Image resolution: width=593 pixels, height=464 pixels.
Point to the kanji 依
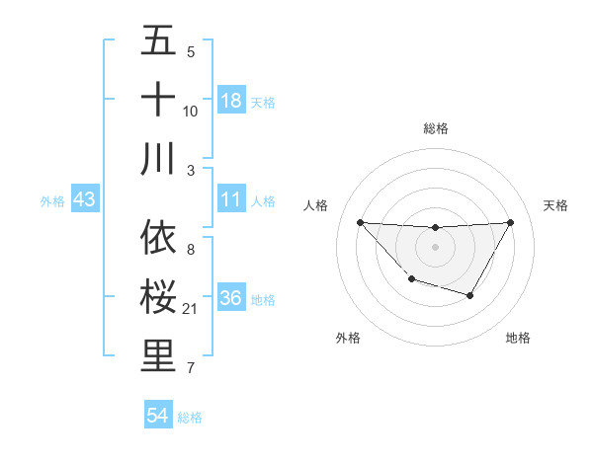point(159,237)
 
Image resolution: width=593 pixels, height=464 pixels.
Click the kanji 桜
point(159,296)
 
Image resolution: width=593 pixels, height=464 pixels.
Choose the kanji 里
point(159,357)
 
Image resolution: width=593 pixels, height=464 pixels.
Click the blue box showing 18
point(231,101)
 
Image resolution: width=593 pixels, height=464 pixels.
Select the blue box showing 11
point(231,199)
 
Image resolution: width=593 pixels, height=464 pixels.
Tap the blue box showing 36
point(231,298)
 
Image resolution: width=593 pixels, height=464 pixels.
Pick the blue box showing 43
point(84,199)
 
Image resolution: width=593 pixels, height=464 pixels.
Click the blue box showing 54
point(158,416)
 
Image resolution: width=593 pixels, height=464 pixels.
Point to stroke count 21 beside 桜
point(191,310)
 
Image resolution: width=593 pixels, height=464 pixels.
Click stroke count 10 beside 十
point(191,111)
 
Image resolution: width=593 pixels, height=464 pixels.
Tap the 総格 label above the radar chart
point(435,128)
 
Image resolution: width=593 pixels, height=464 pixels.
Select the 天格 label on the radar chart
point(555,205)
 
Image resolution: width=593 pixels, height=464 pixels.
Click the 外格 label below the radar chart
point(348,338)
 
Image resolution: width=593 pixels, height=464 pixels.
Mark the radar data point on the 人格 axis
point(360,222)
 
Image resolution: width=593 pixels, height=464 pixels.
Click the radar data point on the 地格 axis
point(470,295)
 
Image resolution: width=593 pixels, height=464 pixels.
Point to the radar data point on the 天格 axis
point(510,222)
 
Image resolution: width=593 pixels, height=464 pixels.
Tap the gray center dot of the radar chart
point(435,246)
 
